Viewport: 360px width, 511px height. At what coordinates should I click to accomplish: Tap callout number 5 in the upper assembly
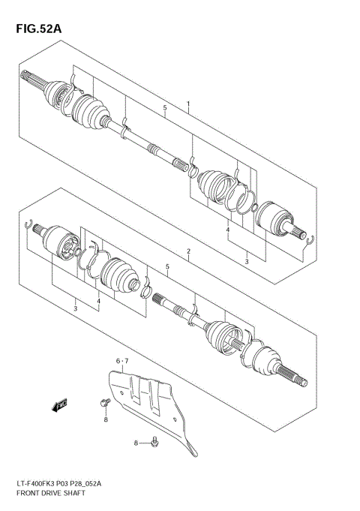(x=164, y=110)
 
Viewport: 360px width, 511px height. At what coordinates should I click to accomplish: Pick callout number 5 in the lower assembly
(x=167, y=267)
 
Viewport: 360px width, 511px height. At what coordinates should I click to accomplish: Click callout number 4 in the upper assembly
(x=227, y=231)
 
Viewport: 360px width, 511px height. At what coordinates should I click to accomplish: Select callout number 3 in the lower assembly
(x=75, y=308)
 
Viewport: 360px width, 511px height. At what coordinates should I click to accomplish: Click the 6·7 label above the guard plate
(x=122, y=362)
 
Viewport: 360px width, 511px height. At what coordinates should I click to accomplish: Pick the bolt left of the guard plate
(x=103, y=404)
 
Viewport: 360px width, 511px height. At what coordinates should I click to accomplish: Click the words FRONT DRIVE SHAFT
(x=46, y=494)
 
